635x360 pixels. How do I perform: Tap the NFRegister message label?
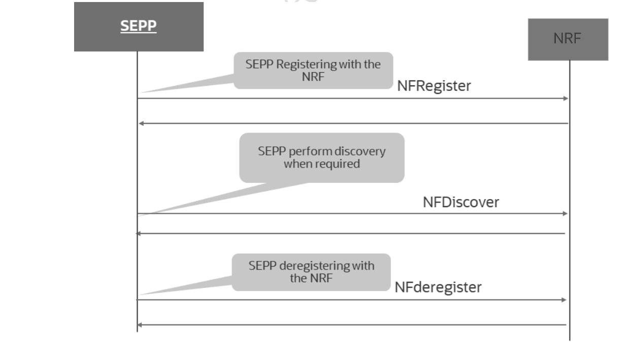click(433, 86)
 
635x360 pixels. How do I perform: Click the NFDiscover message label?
click(460, 202)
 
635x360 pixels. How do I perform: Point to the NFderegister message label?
click(438, 287)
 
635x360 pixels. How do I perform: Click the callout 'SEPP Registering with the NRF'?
click(313, 70)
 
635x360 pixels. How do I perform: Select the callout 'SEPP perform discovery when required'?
click(321, 157)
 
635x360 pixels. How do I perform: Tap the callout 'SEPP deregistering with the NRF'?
click(311, 272)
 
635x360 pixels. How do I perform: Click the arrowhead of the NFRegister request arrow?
click(565, 99)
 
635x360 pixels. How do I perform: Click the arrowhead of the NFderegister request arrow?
click(563, 300)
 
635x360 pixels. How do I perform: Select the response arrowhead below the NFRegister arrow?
click(142, 123)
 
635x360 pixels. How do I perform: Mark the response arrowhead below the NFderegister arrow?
click(139, 325)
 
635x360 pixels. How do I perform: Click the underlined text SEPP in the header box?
click(139, 27)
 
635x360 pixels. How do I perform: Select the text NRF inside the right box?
click(567, 40)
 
